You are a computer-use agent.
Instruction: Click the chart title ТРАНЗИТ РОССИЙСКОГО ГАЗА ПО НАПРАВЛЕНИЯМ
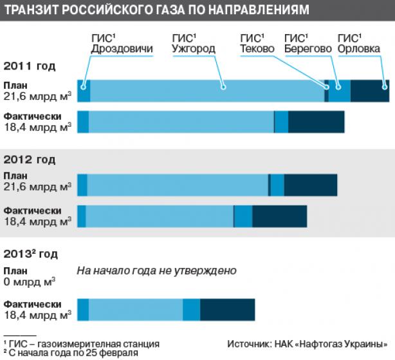point(157,10)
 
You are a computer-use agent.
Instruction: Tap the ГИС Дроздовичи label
point(122,43)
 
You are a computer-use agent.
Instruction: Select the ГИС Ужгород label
point(194,43)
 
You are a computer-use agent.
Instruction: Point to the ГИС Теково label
point(257,43)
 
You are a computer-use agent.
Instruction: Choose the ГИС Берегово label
point(308,43)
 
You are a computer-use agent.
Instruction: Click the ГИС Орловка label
point(359,43)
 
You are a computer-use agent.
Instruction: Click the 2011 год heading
point(29,66)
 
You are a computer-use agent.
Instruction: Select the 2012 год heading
point(29,160)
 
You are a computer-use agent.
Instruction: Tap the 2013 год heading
point(30,254)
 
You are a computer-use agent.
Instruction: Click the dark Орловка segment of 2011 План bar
point(370,91)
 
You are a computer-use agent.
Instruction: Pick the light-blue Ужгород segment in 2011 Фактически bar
point(181,122)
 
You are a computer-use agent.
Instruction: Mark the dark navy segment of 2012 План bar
point(311,185)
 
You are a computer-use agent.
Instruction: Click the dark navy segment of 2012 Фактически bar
point(280,216)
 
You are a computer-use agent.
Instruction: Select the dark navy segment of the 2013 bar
point(228,310)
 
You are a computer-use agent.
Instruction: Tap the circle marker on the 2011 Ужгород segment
point(223,87)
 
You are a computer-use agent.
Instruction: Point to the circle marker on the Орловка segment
point(385,87)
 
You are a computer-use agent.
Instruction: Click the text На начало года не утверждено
point(157,270)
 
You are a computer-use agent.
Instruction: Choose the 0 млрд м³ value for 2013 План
point(30,282)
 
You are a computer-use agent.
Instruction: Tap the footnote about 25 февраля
point(71,353)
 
